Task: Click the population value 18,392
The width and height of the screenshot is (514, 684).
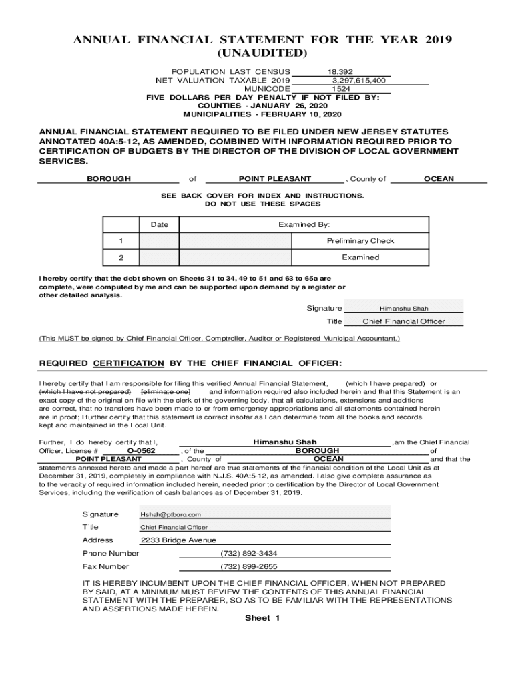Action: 340,71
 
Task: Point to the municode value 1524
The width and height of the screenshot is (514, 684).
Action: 342,88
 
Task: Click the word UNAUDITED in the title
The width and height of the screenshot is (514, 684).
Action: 263,53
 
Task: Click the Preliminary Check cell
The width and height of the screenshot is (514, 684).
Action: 360,241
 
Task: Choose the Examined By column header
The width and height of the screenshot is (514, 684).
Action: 304,225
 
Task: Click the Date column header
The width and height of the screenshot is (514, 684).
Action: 159,225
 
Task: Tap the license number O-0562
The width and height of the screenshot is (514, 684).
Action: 141,451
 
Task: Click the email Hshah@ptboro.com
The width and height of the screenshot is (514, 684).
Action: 170,514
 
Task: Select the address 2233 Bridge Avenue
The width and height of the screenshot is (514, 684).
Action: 178,540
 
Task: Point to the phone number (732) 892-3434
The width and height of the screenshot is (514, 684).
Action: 248,553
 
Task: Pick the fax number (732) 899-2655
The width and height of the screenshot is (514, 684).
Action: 248,566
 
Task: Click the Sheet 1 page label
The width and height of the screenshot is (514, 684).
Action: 262,618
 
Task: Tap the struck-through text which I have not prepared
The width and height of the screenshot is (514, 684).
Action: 85,392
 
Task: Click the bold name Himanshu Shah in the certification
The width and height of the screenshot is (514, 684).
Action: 285,442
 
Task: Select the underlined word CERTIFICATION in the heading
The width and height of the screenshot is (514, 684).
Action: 129,363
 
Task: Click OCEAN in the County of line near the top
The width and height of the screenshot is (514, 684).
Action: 439,179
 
